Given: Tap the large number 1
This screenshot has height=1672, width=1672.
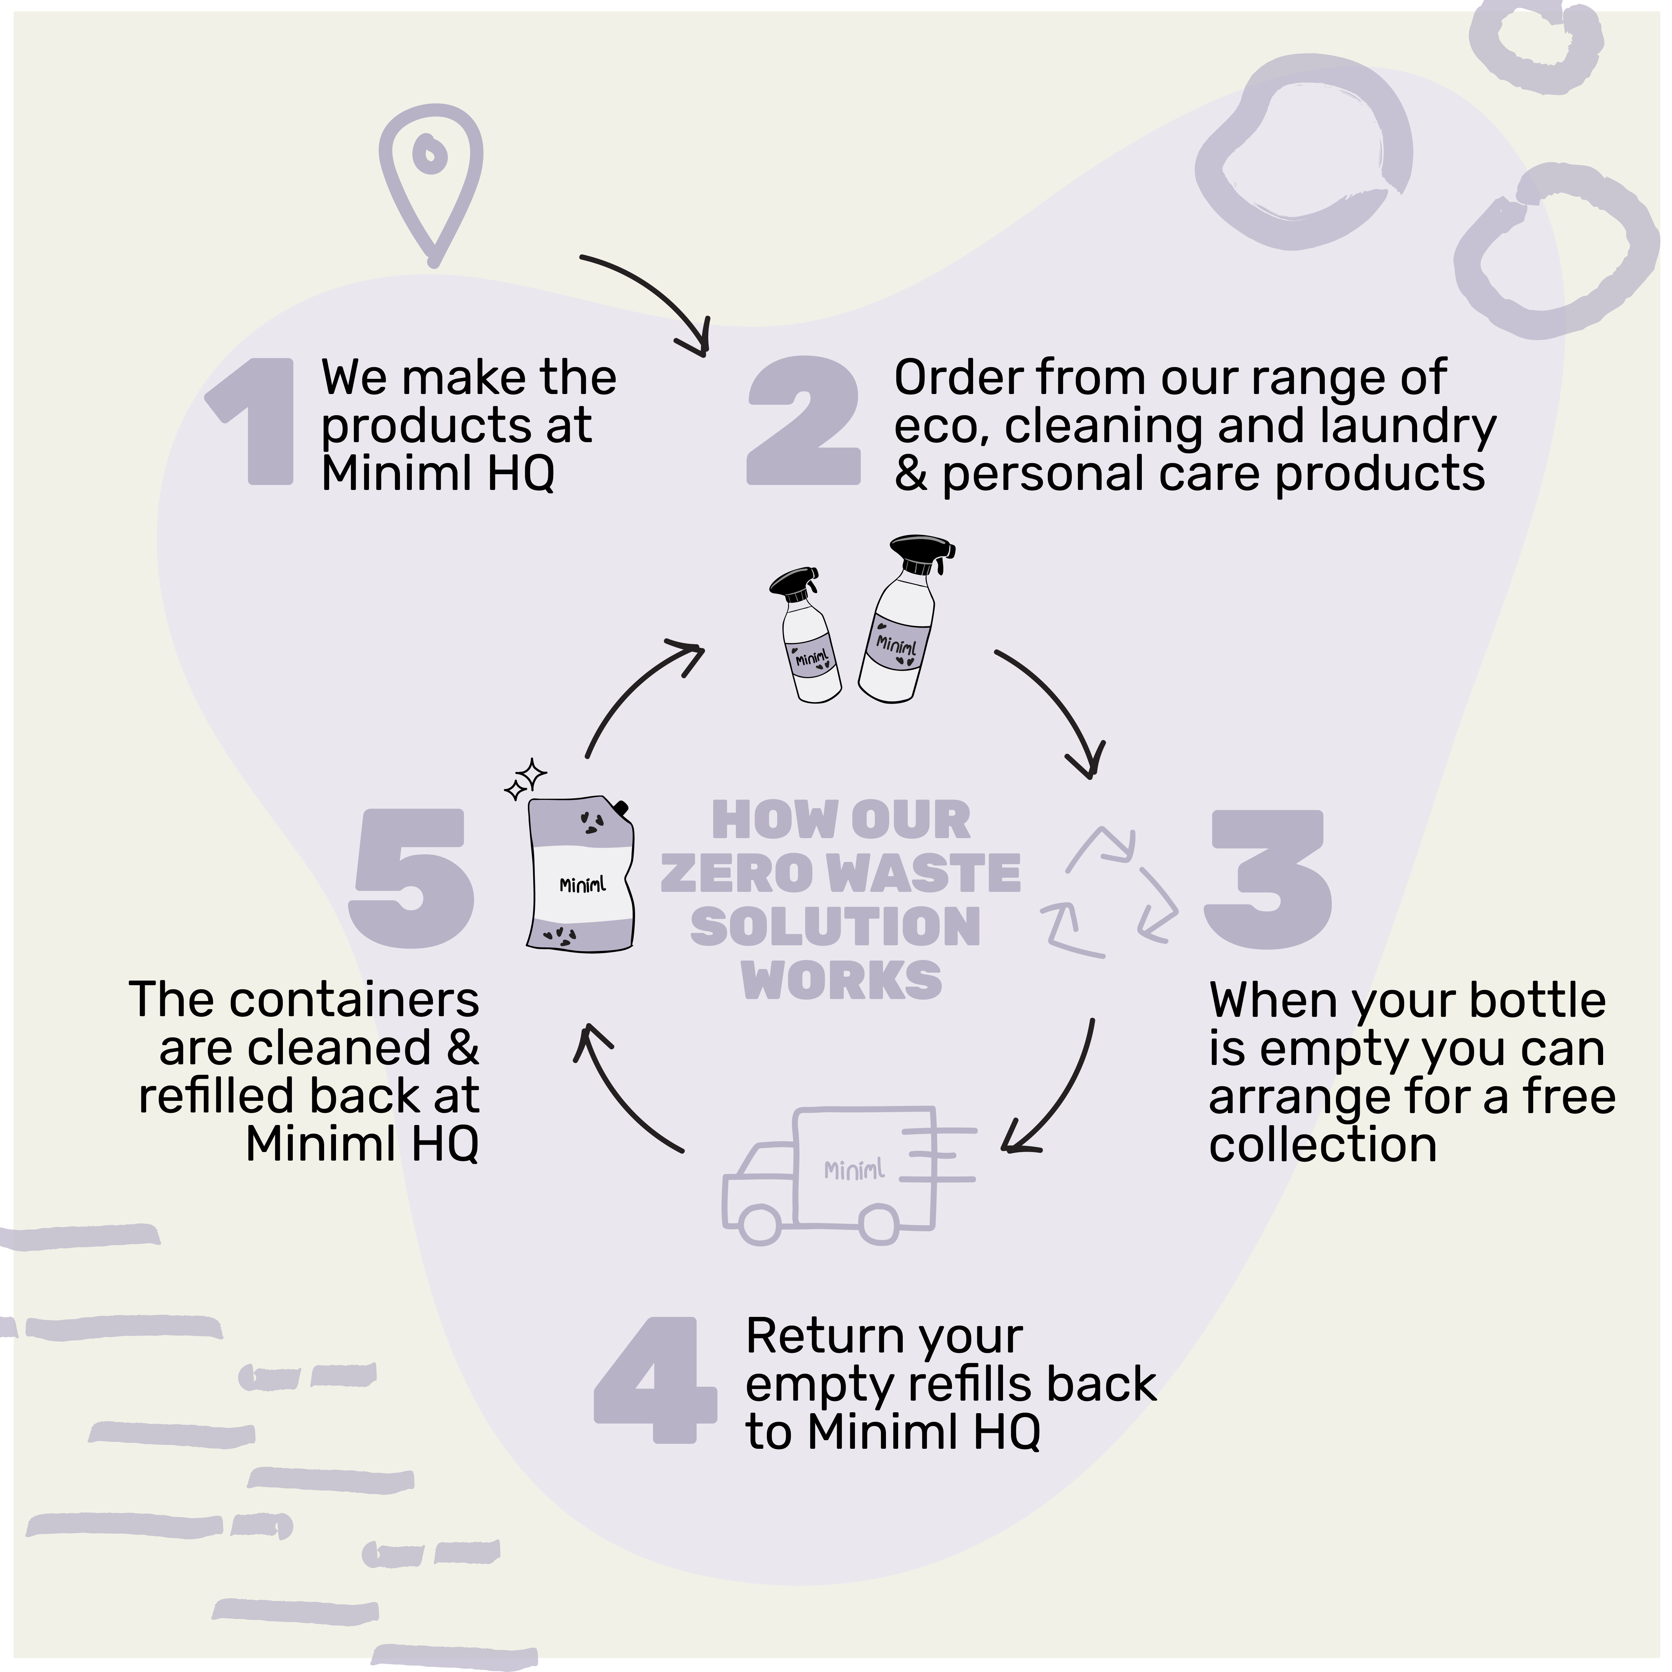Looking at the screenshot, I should pos(259,421).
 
